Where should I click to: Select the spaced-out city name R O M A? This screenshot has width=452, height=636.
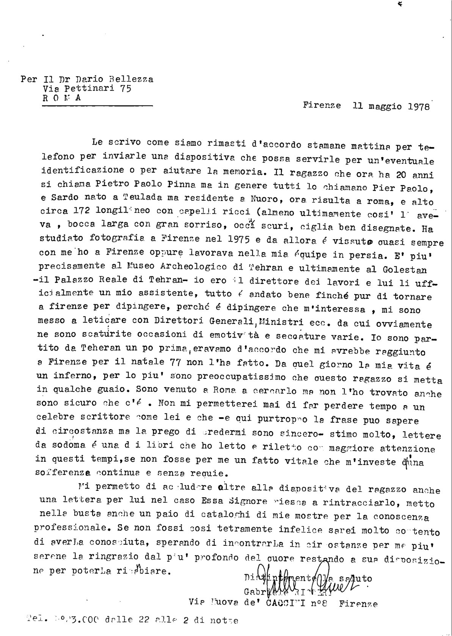pos(61,98)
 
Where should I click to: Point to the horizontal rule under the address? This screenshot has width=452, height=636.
pos(96,107)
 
